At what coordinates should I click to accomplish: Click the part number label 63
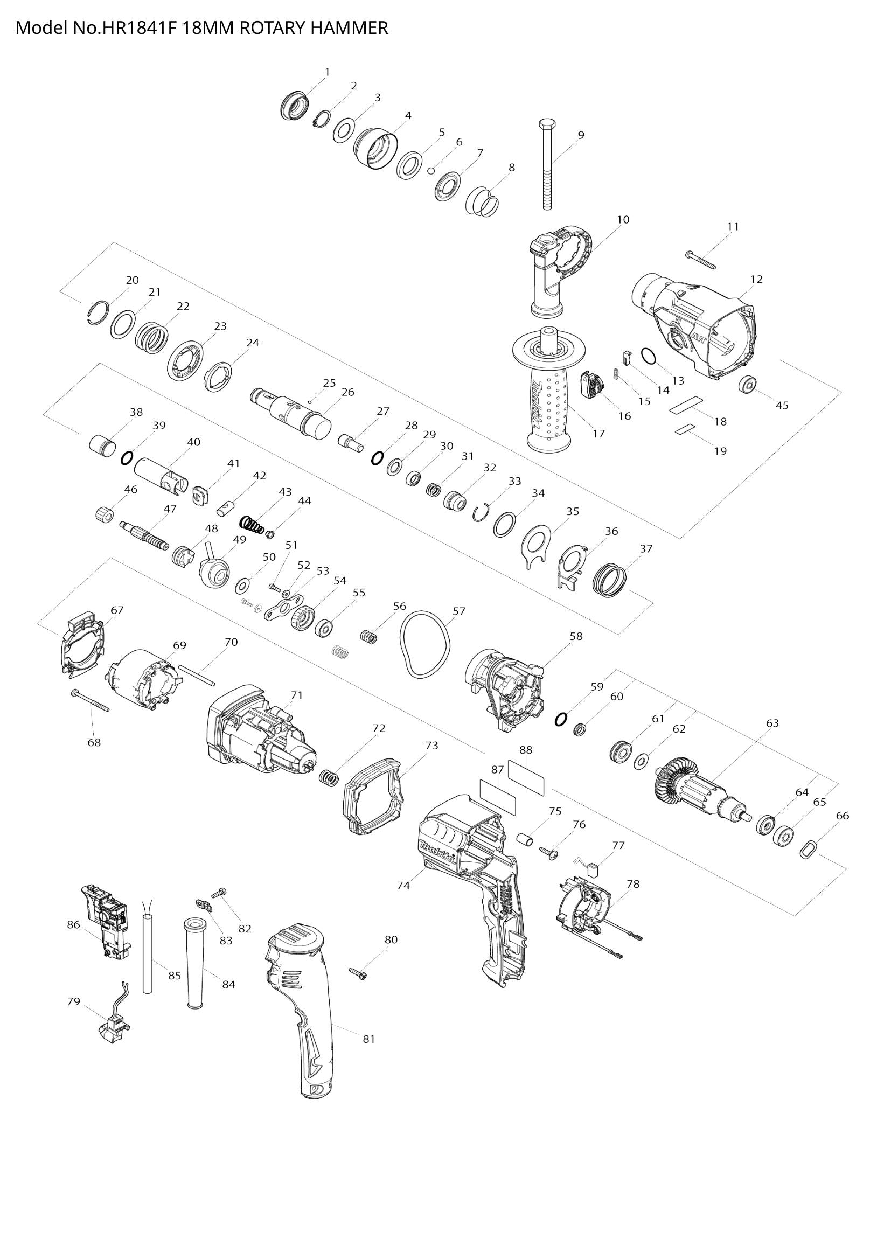[772, 723]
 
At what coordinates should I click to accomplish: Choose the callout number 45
[782, 406]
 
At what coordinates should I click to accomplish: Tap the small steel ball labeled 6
[432, 170]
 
